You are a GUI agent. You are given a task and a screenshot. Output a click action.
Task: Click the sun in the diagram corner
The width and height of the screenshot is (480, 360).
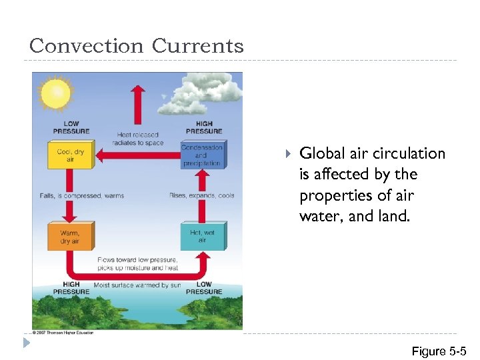[55, 93]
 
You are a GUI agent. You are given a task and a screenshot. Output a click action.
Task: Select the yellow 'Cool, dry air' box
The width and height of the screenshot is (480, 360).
[70, 156]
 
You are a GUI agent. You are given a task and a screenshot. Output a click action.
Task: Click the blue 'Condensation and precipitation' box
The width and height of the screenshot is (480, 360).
[202, 155]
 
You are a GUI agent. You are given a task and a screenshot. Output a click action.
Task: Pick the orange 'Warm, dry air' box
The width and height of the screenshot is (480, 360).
[70, 237]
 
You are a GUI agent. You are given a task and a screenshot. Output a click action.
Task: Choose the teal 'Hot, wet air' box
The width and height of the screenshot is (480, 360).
[202, 237]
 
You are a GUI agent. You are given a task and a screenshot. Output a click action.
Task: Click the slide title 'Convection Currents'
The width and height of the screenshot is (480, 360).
[137, 46]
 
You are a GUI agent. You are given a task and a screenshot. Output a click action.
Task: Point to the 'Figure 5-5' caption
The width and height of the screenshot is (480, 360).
[439, 351]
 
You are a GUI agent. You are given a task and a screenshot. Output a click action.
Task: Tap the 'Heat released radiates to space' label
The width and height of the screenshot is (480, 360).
[137, 139]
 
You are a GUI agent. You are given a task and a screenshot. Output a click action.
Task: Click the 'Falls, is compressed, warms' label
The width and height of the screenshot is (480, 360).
[81, 196]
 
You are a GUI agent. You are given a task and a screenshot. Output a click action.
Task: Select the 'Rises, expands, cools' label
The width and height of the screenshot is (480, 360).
[201, 196]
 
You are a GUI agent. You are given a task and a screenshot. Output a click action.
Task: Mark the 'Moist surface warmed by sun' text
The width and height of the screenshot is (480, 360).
[137, 285]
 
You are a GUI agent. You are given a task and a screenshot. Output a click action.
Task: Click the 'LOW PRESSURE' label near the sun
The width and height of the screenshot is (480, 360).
[71, 127]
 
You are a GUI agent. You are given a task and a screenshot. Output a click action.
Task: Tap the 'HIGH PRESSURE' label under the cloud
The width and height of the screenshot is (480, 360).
[204, 127]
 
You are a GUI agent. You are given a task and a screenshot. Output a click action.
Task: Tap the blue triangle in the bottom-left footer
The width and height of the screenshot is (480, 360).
[25, 343]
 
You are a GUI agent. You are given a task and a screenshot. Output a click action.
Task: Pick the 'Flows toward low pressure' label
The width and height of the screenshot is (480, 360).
[137, 259]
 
